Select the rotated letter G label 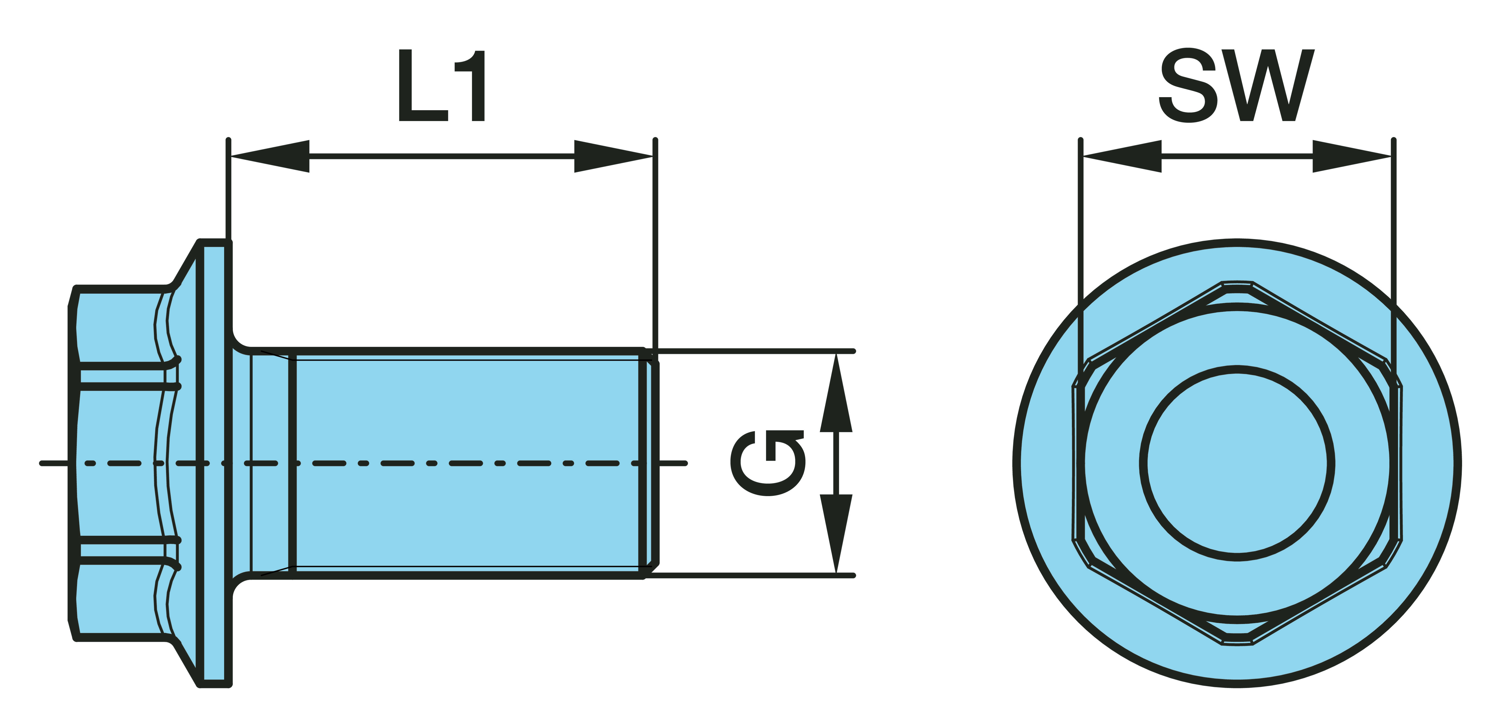[x=768, y=463]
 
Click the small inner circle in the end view [x=1237, y=463]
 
